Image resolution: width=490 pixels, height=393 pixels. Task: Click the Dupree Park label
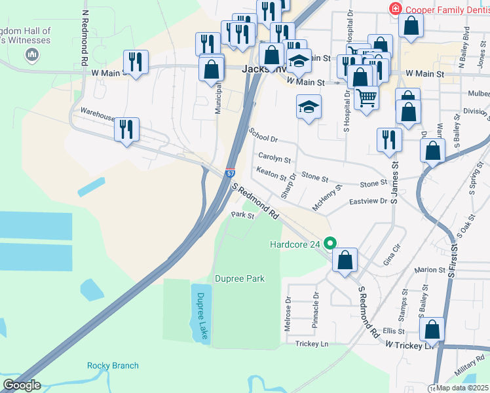(x=239, y=278)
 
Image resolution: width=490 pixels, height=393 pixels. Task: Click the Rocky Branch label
(x=113, y=365)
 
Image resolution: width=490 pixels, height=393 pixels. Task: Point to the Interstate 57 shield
(x=230, y=174)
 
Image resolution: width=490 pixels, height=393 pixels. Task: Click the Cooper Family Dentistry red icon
(x=395, y=9)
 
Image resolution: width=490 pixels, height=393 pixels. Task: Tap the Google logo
(x=22, y=385)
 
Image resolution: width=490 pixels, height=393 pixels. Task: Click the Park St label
(x=242, y=215)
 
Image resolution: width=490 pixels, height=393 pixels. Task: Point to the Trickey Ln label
(x=311, y=344)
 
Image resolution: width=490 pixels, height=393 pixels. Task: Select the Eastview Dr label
(x=367, y=201)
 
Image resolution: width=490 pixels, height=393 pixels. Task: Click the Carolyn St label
(x=274, y=157)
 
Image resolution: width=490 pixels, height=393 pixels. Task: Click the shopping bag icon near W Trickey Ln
(x=432, y=329)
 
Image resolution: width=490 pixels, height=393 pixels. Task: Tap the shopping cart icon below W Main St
(x=366, y=98)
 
